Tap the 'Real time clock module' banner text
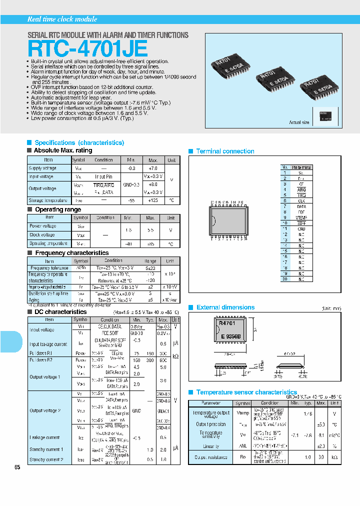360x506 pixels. [62, 19]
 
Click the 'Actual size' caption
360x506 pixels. [299, 122]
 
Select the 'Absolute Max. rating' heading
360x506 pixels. [62, 150]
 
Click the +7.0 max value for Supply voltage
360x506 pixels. [152, 168]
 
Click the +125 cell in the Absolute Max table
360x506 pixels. [152, 200]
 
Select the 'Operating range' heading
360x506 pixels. [57, 209]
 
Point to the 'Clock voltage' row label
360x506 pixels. [42, 235]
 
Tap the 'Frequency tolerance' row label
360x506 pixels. [48, 268]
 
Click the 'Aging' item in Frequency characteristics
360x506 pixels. [35, 299]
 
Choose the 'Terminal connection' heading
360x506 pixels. [225, 151]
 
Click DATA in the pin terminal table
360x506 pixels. [301, 206]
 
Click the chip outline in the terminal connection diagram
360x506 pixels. [227, 220]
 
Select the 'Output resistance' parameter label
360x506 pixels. [210, 457]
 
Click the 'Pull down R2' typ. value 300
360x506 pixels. [148, 360]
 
